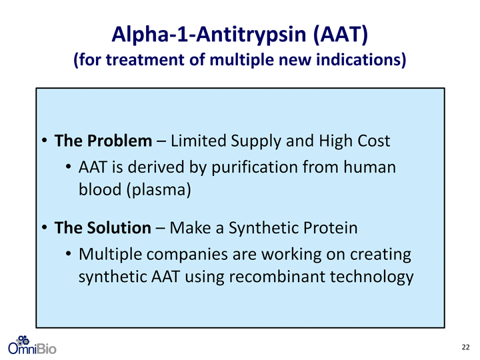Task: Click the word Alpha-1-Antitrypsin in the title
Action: pyautogui.click(x=209, y=34)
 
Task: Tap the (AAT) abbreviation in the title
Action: pyautogui.click(x=341, y=34)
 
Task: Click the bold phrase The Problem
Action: pyautogui.click(x=103, y=141)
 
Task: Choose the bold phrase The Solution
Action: pyautogui.click(x=103, y=228)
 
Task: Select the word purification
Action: pyautogui.click(x=255, y=168)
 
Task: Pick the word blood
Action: pyautogui.click(x=100, y=189)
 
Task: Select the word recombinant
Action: pyautogui.click(x=277, y=277)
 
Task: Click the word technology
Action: pyautogui.click(x=371, y=277)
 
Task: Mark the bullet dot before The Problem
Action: pyautogui.click(x=45, y=141)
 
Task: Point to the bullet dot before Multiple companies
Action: pyautogui.click(x=69, y=254)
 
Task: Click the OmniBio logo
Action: pyautogui.click(x=32, y=345)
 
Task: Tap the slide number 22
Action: pyautogui.click(x=465, y=347)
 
